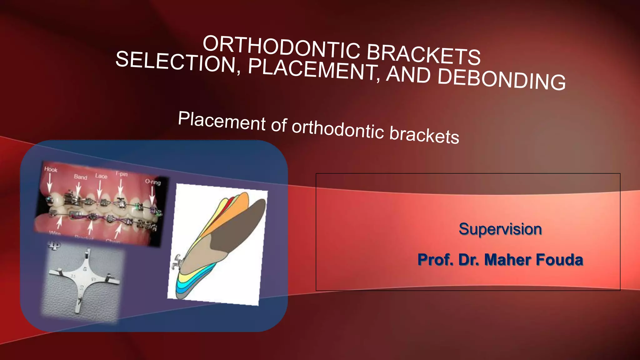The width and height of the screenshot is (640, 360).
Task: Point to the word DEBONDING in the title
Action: coord(502,79)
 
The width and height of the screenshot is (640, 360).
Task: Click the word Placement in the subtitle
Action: coord(222,121)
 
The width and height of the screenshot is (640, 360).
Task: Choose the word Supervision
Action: coord(500,229)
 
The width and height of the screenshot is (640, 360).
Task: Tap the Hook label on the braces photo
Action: coord(51,169)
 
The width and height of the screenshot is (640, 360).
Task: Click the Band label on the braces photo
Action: coord(80,177)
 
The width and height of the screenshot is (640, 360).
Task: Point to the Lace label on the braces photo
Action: coord(101,176)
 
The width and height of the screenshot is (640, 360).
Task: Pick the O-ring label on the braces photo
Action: coord(153,182)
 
